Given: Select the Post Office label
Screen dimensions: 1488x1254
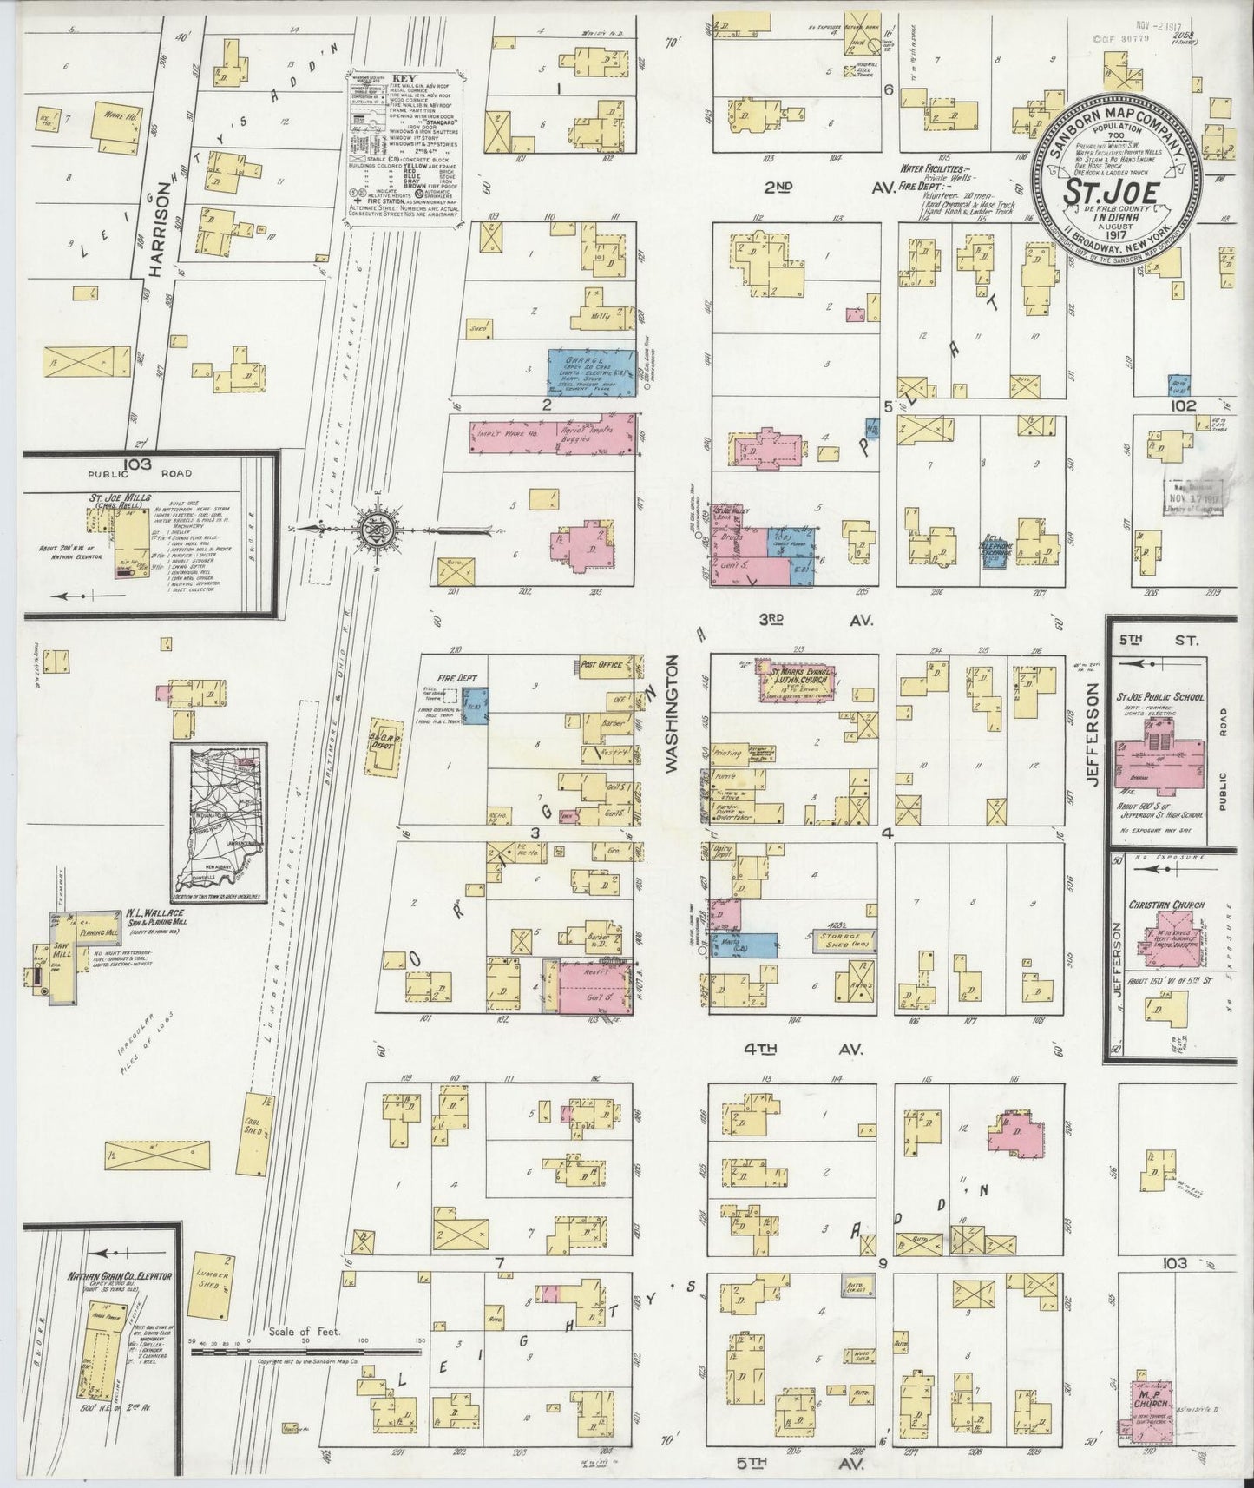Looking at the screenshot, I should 604,664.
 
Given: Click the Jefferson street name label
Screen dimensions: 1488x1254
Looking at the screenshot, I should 1092,734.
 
